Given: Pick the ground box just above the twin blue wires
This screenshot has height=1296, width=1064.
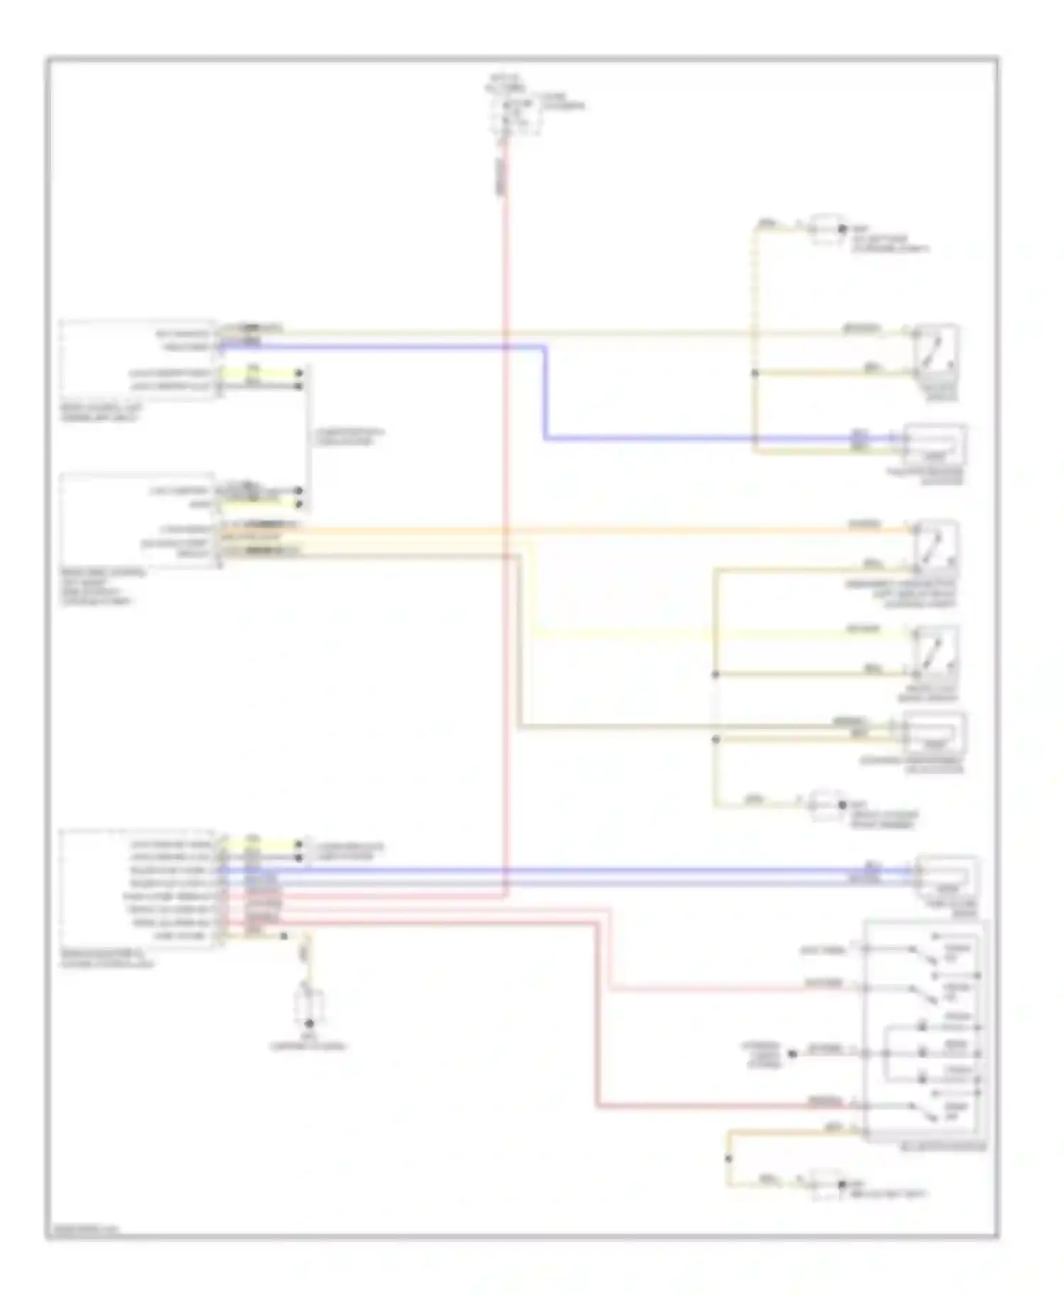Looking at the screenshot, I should click(x=827, y=805).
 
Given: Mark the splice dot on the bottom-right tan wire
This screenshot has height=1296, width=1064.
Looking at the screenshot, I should click(x=728, y=1159).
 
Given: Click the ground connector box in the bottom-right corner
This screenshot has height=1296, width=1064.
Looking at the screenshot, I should click(x=827, y=1185).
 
